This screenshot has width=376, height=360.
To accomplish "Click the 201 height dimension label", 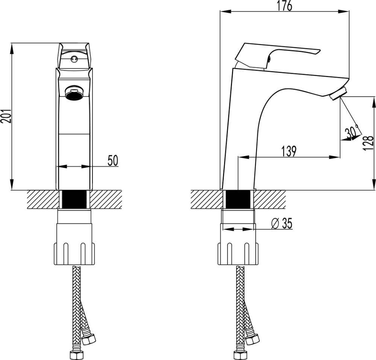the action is coord(6,116).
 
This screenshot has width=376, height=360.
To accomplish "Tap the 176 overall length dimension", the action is coord(285,6).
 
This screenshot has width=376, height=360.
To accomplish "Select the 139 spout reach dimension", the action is coord(289,151).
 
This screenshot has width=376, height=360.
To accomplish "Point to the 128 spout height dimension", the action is coord(368,143).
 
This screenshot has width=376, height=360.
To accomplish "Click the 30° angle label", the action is coord(352,132).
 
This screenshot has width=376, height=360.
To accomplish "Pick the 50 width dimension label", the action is coord(113,161).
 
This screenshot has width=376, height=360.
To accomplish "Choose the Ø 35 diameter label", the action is coord(282,223).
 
